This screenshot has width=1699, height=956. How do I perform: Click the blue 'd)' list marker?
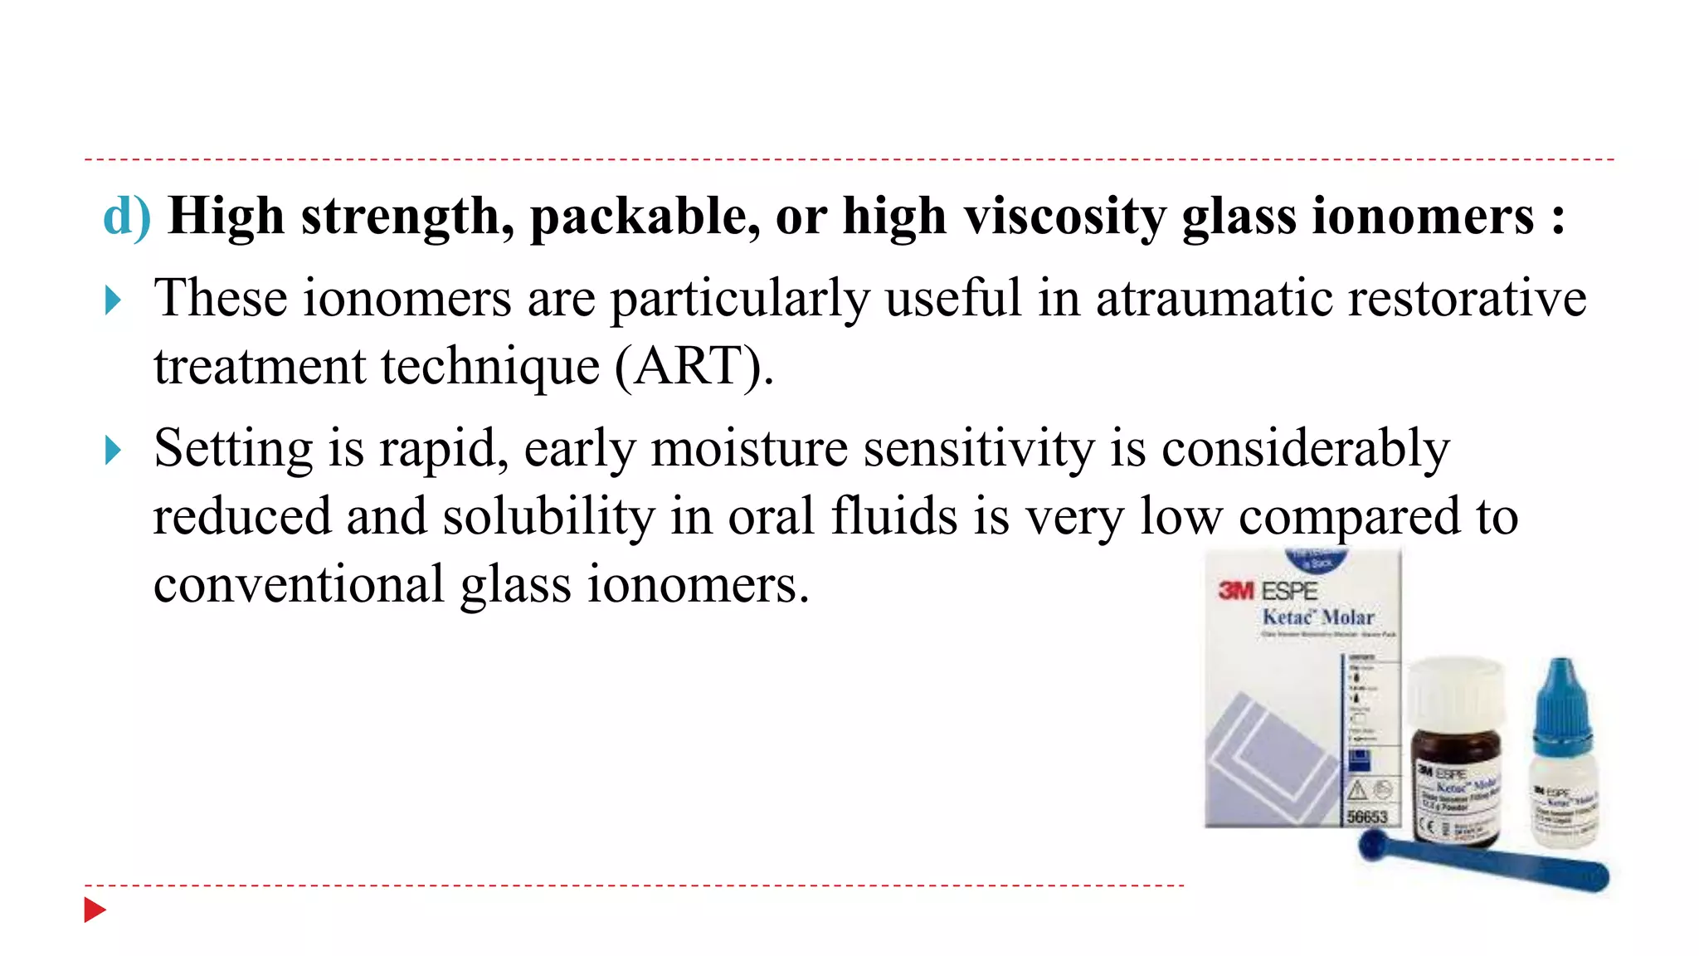click(126, 217)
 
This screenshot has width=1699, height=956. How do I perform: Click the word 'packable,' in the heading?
click(645, 217)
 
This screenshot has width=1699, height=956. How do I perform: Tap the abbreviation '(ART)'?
click(693, 367)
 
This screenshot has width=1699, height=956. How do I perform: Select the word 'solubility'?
click(548, 517)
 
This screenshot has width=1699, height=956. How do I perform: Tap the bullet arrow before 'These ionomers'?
click(114, 300)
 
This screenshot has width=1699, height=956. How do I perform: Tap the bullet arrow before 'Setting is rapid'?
click(114, 451)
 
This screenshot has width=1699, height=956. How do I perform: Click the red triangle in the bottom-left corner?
click(95, 910)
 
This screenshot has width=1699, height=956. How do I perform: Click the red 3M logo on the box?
click(1236, 591)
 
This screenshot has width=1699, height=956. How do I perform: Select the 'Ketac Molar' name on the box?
click(1317, 617)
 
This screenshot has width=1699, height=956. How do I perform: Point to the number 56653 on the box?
click(1367, 817)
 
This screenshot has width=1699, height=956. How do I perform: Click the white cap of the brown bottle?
click(1457, 694)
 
